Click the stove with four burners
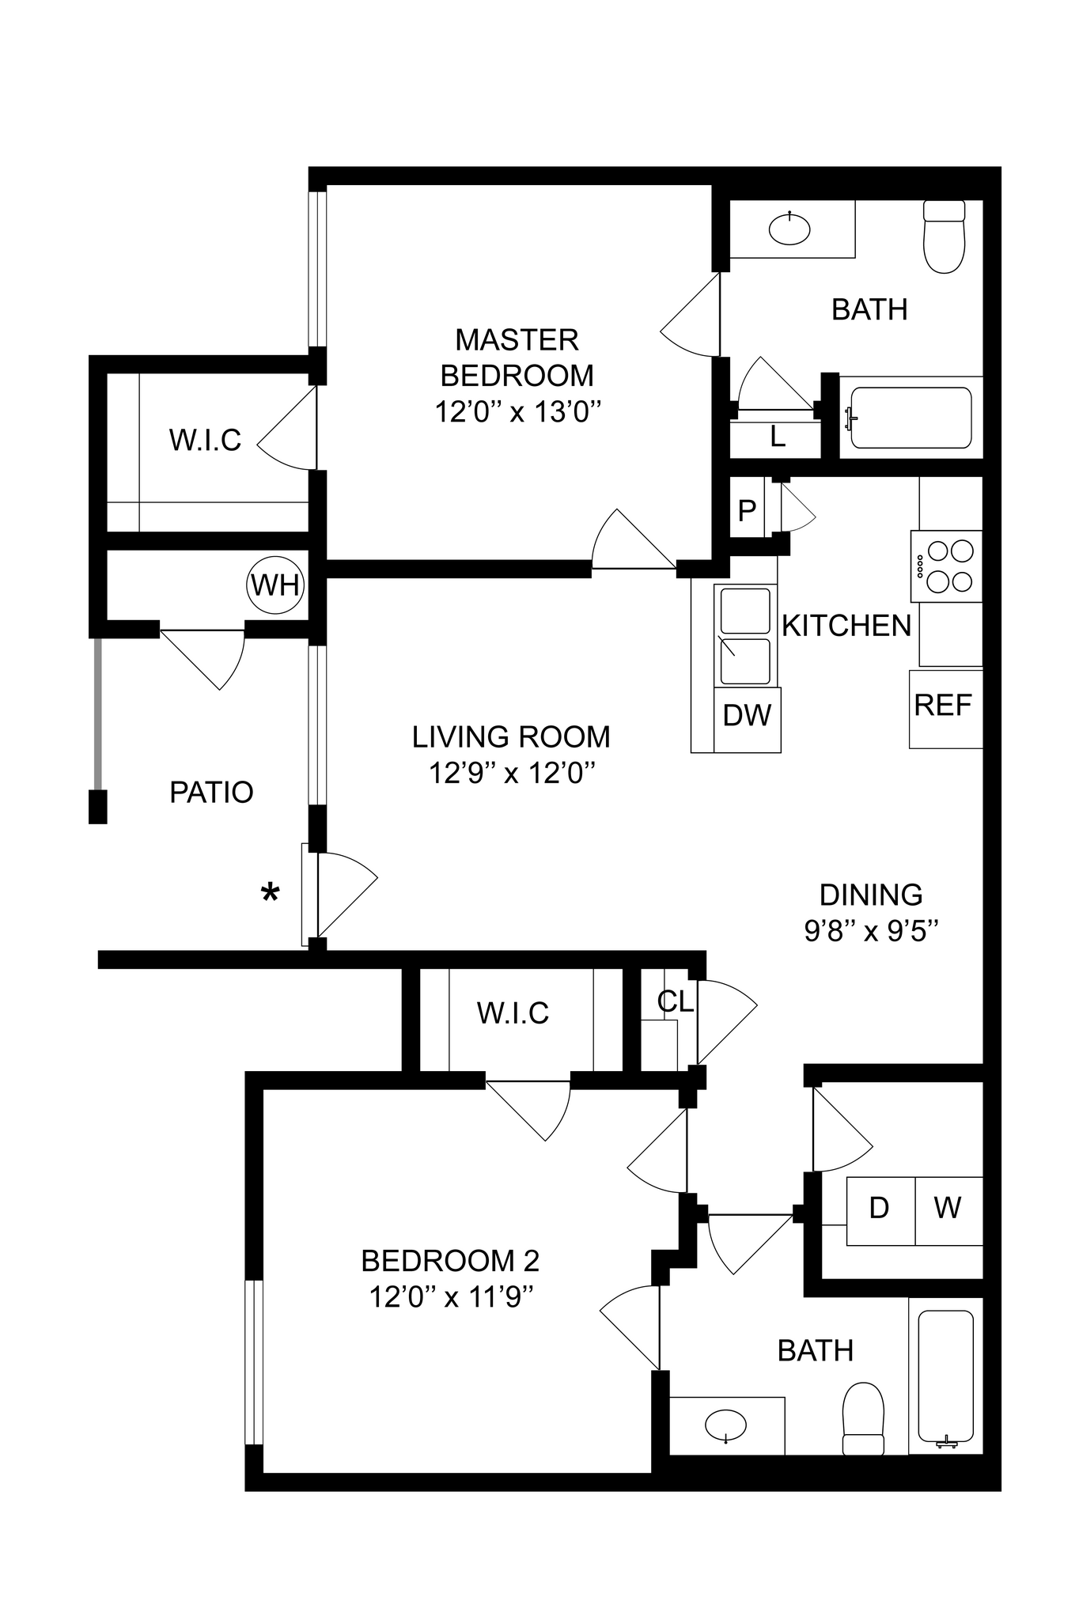tap(947, 566)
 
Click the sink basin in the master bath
tap(789, 229)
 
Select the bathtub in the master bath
tap(910, 418)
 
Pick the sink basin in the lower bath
tap(725, 1426)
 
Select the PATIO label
tap(211, 792)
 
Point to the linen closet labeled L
tap(778, 437)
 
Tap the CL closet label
tap(675, 1002)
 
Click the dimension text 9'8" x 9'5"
tap(871, 932)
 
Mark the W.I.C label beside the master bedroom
tap(205, 441)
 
